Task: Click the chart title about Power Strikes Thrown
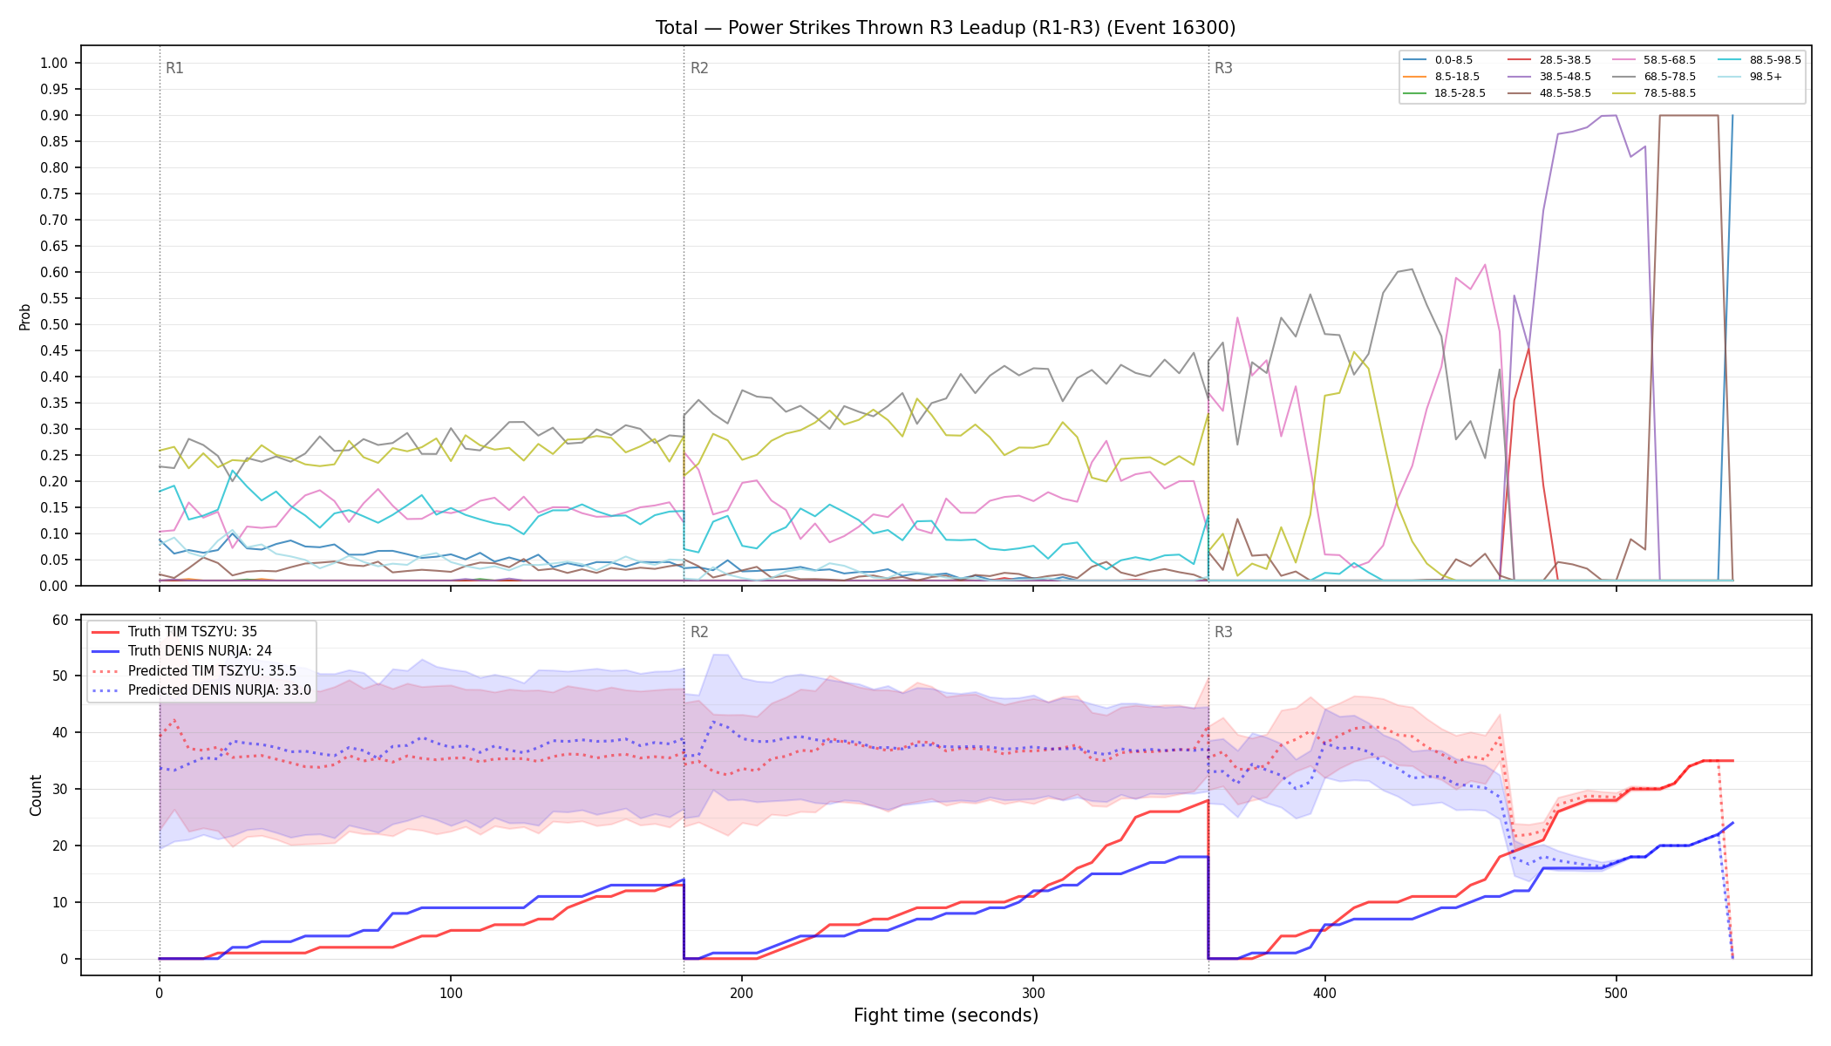click(945, 28)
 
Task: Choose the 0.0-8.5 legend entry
click(1438, 60)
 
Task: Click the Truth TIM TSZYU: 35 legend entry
click(174, 632)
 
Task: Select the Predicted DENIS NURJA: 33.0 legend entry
click(201, 689)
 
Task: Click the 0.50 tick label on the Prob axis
click(54, 324)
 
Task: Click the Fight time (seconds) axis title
click(946, 1015)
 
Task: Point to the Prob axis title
click(24, 316)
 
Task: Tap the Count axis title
click(36, 795)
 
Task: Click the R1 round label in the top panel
click(174, 68)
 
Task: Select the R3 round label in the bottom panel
click(1223, 632)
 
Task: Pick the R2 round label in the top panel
click(699, 68)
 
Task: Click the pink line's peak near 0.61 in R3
click(1485, 265)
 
